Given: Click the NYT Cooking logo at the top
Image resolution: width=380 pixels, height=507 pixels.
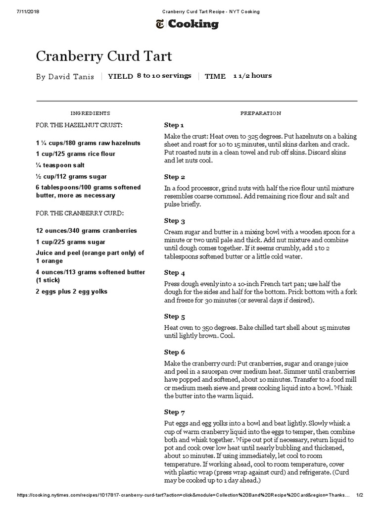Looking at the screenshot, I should (x=190, y=24).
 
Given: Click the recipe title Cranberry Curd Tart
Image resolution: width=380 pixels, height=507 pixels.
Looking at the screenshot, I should (x=104, y=56).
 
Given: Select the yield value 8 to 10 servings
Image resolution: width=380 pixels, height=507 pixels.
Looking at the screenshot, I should (x=164, y=76).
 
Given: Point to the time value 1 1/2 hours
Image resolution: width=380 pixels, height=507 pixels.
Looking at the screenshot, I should (x=252, y=76).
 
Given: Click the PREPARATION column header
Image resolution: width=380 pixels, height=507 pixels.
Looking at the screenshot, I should (x=260, y=113).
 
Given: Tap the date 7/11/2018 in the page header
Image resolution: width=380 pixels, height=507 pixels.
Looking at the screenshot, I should (x=15, y=11).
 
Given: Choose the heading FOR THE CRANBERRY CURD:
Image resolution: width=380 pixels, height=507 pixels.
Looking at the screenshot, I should (x=79, y=213).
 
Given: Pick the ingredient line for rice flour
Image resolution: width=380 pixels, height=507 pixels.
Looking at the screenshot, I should (x=75, y=154).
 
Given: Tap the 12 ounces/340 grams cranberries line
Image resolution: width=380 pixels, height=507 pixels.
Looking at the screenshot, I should (x=87, y=231).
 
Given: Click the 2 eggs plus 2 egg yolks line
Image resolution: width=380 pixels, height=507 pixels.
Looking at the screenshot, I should (x=71, y=292).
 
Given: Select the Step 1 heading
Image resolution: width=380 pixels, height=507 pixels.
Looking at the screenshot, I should (x=174, y=125).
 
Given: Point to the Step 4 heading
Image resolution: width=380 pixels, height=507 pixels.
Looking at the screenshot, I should (x=175, y=272).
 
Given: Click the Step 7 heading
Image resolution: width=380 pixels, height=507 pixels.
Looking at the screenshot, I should (x=175, y=412).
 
